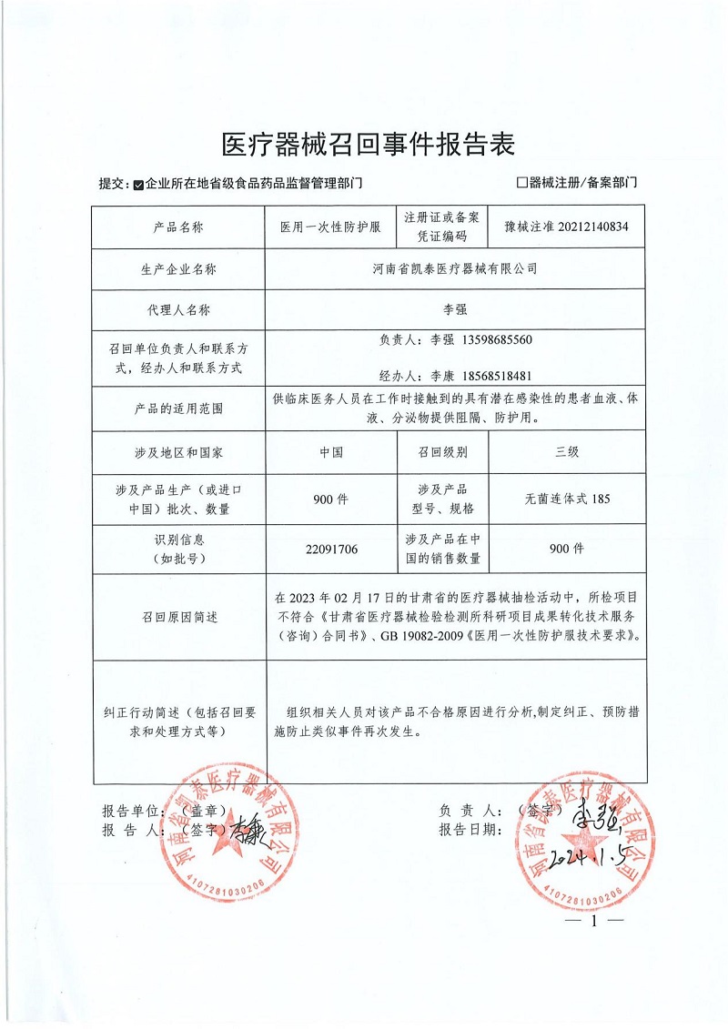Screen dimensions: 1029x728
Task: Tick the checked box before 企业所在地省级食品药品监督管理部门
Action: [x=138, y=183]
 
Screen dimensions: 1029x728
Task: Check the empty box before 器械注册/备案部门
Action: [x=521, y=182]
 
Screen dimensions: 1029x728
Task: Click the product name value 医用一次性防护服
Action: [x=329, y=227]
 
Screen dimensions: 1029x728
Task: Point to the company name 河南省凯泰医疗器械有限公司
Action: [x=456, y=268]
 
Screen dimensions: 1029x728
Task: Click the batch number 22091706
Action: [x=331, y=549]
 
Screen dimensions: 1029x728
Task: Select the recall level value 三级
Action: [x=567, y=451]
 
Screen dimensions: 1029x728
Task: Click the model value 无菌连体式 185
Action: [x=567, y=499]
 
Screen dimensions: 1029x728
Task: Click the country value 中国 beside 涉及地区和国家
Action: [x=331, y=451]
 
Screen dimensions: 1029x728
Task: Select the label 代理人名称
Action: [x=178, y=309]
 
